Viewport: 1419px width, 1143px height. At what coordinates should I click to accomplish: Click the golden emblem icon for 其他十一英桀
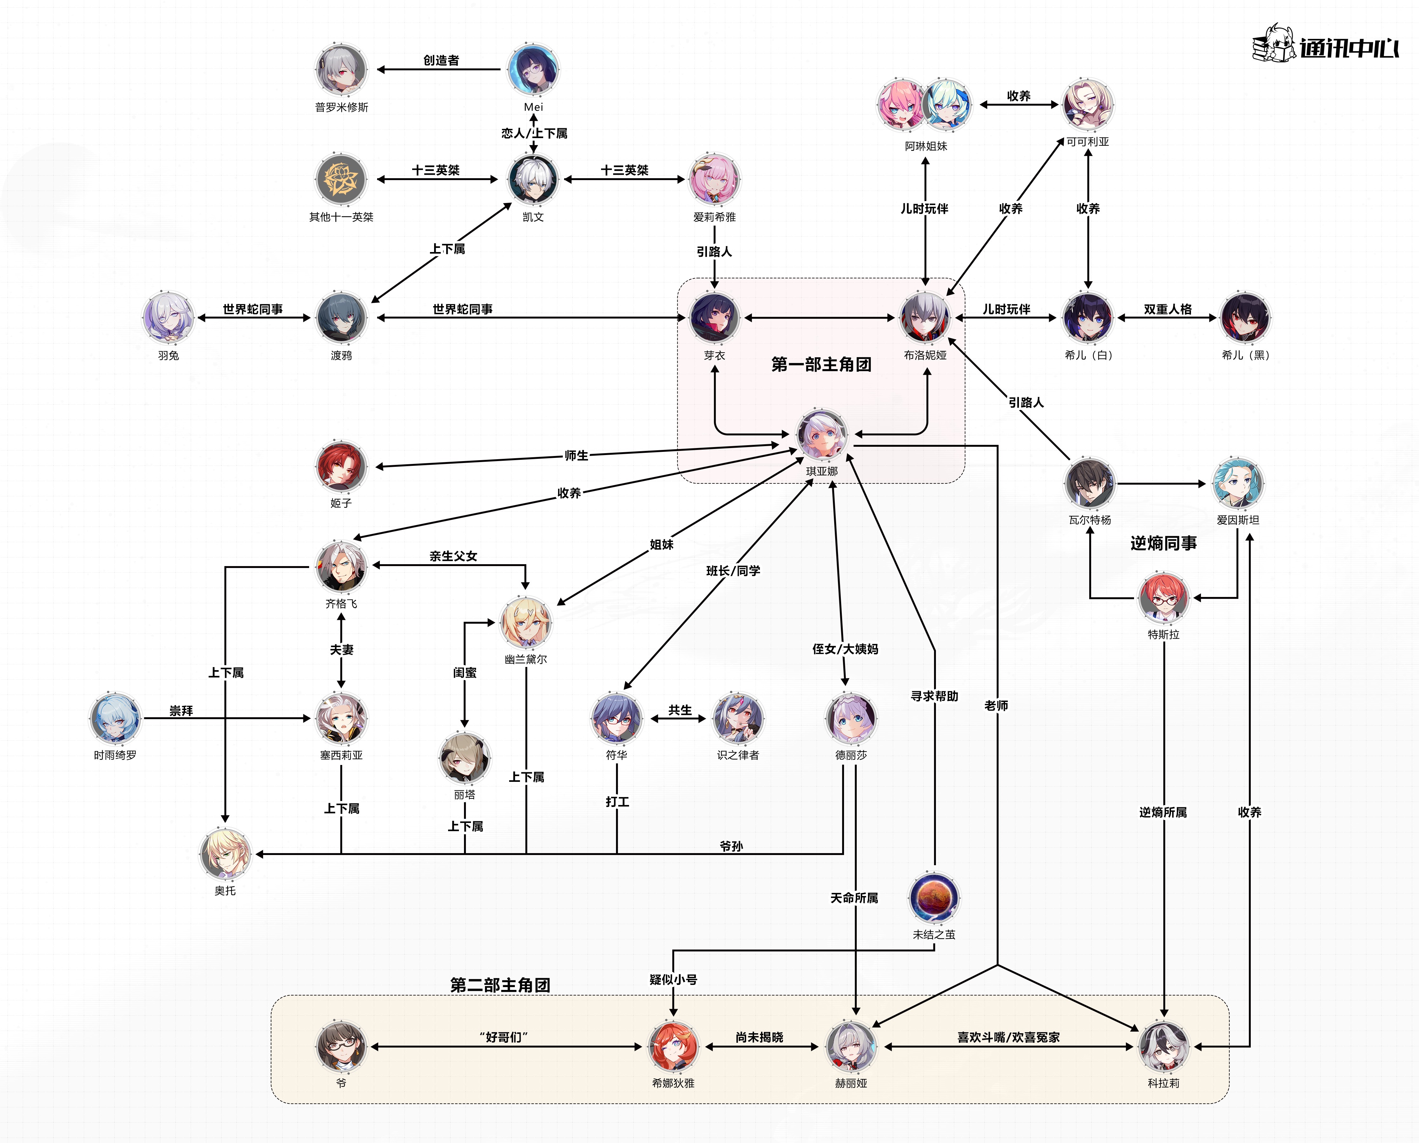pos(341,179)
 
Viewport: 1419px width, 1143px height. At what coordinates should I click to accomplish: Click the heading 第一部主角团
pos(821,364)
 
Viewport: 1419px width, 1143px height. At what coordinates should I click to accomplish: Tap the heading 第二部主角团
pos(500,985)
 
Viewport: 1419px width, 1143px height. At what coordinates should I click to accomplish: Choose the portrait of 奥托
pos(225,854)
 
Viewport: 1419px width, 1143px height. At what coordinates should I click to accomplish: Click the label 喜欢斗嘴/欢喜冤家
pos(1008,1037)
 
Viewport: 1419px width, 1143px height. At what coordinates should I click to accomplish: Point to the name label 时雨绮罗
pos(115,755)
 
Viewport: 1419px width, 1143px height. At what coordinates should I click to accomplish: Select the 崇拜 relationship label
pos(181,711)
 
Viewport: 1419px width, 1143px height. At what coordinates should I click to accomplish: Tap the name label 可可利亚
pos(1088,142)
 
